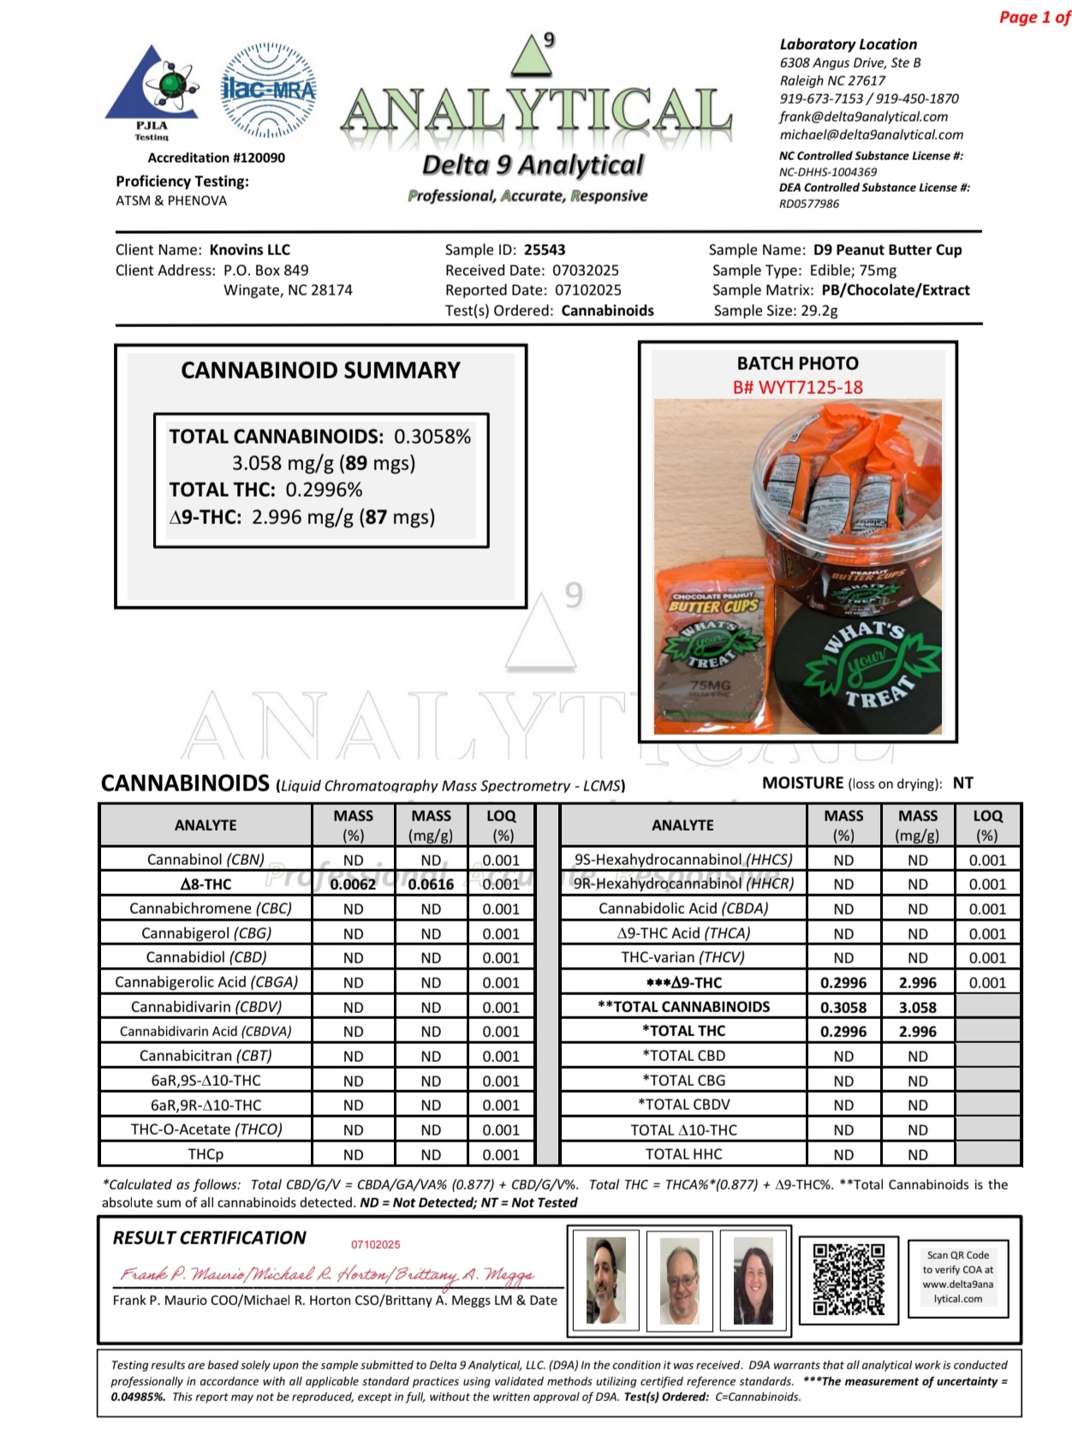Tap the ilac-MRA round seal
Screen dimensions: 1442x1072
[268, 90]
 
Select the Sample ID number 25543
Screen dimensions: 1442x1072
[545, 250]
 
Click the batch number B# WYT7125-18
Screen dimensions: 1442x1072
[797, 387]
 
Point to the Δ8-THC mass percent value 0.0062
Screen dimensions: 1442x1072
[353, 885]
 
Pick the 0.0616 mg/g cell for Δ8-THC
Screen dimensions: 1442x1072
[431, 885]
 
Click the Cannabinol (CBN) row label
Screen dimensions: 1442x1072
[205, 860]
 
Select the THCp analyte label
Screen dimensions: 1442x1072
[205, 1154]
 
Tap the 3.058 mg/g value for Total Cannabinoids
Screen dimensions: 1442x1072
[917, 1007]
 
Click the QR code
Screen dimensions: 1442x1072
[849, 1279]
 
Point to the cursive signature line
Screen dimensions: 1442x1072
[328, 1275]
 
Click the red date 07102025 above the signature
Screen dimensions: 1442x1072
[375, 1244]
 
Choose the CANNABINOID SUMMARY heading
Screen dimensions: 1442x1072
[320, 370]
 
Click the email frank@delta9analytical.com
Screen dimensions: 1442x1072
[863, 116]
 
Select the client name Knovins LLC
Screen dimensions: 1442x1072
[250, 250]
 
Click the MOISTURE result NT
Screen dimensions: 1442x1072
[962, 783]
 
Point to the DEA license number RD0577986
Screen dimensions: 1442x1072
[809, 204]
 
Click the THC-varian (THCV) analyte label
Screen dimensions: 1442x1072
[682, 957]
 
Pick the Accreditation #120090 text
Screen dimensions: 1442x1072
[216, 158]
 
